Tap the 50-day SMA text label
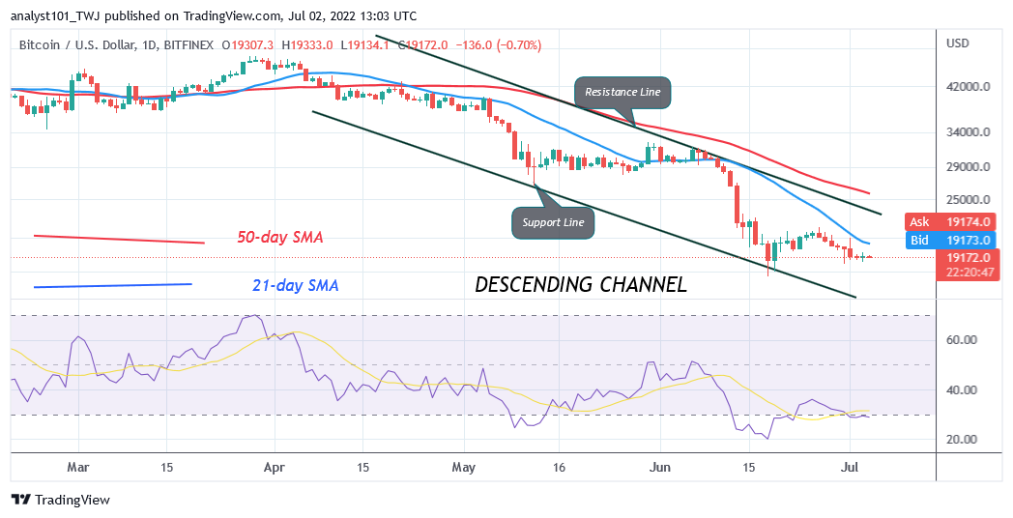pos(280,237)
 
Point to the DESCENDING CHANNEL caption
pos(580,284)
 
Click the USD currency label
pos(958,43)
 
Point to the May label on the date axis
pos(465,467)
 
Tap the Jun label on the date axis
pos(660,467)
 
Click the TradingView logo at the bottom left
pos(60,500)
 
